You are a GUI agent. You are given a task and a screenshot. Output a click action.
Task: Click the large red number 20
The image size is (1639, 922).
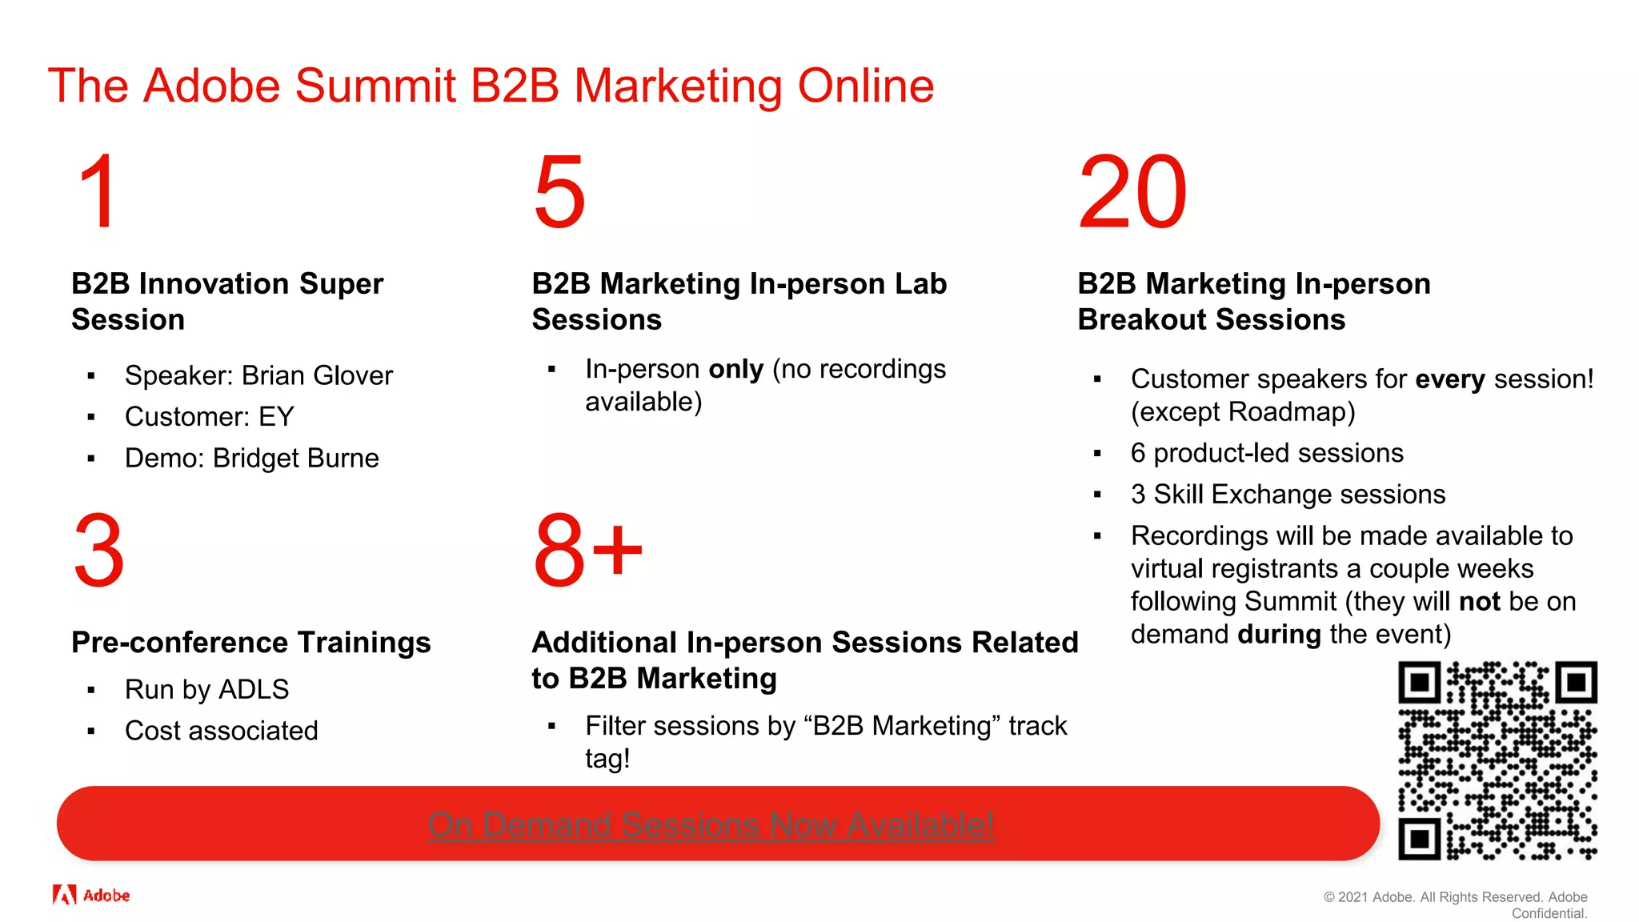pyautogui.click(x=1132, y=192)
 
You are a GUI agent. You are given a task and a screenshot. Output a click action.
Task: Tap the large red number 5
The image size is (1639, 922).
pyautogui.click(x=559, y=192)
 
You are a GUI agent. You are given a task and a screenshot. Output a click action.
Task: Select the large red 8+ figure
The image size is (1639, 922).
pyautogui.click(x=587, y=551)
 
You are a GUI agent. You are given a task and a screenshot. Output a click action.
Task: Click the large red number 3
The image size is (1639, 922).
pyautogui.click(x=98, y=551)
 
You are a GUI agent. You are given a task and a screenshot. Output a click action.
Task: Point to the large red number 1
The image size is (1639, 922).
pyautogui.click(x=98, y=192)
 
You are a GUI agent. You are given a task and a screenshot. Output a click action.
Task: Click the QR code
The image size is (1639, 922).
pyautogui.click(x=1497, y=760)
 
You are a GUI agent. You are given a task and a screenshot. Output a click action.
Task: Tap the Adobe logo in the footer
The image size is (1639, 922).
pyautogui.click(x=90, y=895)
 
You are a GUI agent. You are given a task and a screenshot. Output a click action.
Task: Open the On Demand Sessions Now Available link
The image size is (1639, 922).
pyautogui.click(x=711, y=824)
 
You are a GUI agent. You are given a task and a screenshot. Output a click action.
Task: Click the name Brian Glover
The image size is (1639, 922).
pyautogui.click(x=317, y=375)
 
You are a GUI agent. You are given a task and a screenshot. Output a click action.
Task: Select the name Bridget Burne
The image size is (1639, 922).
pyautogui.click(x=295, y=458)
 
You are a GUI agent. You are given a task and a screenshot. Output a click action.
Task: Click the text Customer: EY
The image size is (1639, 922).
pyautogui.click(x=209, y=416)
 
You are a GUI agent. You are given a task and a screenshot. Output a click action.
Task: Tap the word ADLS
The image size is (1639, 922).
pyautogui.click(x=254, y=689)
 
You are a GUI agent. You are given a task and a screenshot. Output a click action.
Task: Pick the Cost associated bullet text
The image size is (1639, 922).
pyautogui.click(x=221, y=731)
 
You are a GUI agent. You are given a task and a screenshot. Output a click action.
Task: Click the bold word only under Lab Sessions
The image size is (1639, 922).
pyautogui.click(x=735, y=369)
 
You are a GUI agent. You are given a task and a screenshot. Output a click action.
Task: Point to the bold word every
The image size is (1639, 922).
pyautogui.click(x=1449, y=379)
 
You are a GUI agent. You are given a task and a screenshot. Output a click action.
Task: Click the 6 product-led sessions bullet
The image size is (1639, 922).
pyautogui.click(x=1266, y=453)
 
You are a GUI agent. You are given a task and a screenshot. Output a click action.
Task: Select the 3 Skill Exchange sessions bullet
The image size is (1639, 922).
pyautogui.click(x=1287, y=495)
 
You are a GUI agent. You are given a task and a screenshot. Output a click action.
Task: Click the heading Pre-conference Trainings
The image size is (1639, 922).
pyautogui.click(x=250, y=642)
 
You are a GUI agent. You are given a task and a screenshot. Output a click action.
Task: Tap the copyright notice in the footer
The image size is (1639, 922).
pyautogui.click(x=1455, y=904)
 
